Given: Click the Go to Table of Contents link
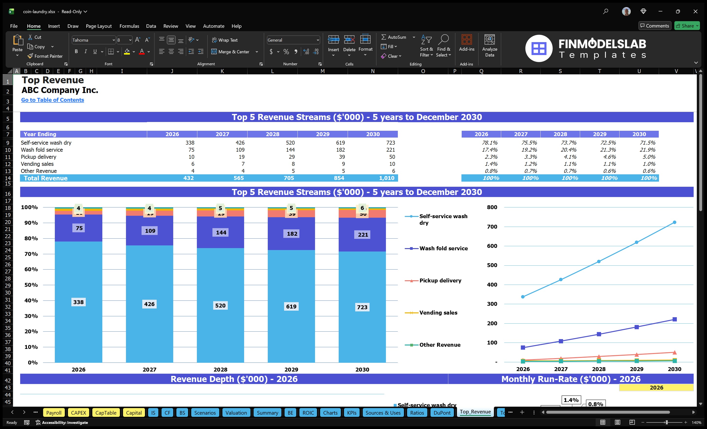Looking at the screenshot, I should coord(53,100).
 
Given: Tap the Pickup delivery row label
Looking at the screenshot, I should coord(38,157).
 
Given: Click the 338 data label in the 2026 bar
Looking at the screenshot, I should coord(78,302).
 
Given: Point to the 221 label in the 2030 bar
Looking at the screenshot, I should coord(363,234).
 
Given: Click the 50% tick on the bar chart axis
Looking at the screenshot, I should coord(31,285).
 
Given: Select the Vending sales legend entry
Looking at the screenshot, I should coord(438,313).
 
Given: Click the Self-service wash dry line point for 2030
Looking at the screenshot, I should coord(674,222).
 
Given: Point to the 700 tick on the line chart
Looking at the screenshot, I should coord(492,226).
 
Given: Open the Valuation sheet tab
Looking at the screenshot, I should coord(236,413).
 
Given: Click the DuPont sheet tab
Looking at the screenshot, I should coord(442,413).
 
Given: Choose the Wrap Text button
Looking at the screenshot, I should coord(225,40).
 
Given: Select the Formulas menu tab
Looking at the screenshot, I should coord(129,26).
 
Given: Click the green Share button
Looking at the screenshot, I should coord(687,26).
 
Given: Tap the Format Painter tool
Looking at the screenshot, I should coord(45,56).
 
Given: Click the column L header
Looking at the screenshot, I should coord(272,71).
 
